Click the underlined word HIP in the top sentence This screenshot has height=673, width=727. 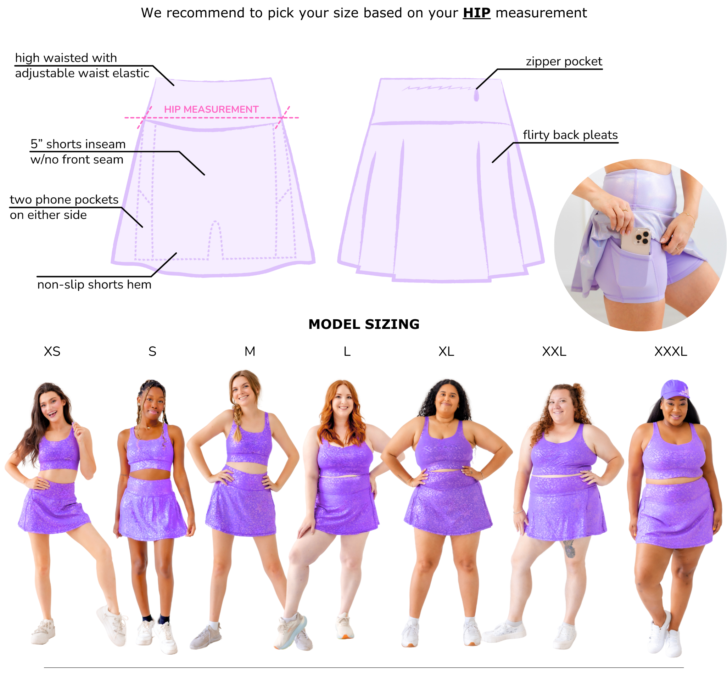[476, 13]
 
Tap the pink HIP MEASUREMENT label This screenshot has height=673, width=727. [211, 109]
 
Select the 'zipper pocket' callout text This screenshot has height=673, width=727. [564, 62]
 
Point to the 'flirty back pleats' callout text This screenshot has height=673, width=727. [570, 135]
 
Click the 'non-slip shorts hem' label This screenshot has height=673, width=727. [94, 285]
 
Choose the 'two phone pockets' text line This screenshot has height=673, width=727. [64, 200]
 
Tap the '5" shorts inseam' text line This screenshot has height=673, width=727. [78, 144]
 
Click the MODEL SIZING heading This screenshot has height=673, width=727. [364, 324]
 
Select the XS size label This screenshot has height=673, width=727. [52, 352]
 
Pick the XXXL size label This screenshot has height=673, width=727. [671, 352]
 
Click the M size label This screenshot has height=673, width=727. [250, 352]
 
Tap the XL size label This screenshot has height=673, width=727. [446, 352]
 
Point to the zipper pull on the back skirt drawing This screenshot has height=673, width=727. [476, 95]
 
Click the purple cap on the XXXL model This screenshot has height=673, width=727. [675, 390]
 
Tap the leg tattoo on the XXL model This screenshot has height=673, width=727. [569, 549]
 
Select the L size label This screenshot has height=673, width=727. [347, 352]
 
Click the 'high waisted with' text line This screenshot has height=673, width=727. [66, 58]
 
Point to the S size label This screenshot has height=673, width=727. [152, 352]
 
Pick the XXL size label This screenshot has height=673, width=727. [554, 352]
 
